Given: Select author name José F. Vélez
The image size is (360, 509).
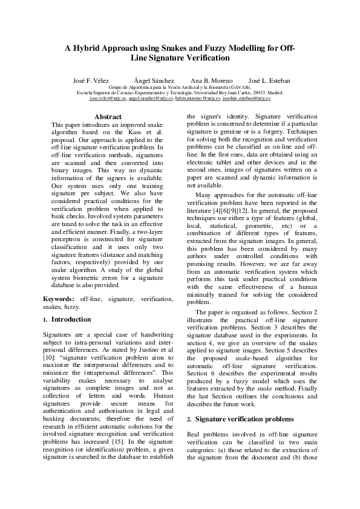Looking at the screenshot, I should [x=90, y=80].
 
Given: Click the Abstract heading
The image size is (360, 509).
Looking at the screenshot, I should [x=108, y=117].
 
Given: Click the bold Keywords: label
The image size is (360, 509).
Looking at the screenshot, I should [x=59, y=299].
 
